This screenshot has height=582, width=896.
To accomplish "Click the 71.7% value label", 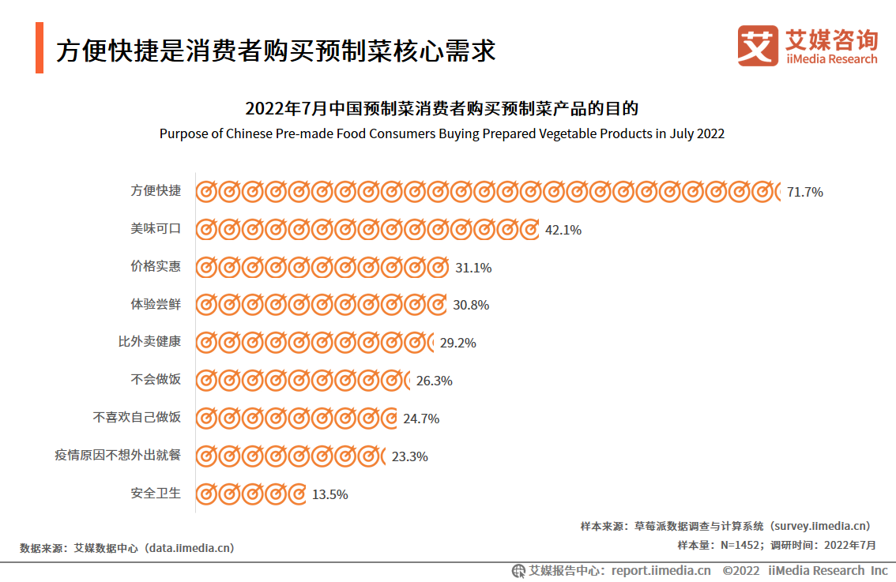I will point(804,192).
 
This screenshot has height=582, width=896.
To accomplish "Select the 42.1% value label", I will point(563,230).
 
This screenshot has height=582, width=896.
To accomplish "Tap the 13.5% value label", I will point(329,494).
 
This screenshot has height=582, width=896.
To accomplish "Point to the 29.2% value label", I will point(457,343).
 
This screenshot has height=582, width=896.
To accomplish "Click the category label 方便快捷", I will point(156,190).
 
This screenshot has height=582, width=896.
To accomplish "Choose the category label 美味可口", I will point(156,228).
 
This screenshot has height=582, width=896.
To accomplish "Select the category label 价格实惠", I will point(156,266).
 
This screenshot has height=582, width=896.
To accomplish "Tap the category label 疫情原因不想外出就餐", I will point(118,455).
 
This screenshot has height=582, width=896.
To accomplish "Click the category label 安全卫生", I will point(156,493).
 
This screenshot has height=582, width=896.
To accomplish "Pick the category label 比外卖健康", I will point(149,342).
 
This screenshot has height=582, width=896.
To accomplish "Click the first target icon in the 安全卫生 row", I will point(206,494).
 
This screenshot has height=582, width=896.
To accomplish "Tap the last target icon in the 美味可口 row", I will point(529,230).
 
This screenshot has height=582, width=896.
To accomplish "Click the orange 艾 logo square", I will point(758,46).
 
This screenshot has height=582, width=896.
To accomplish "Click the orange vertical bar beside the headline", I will point(40,48).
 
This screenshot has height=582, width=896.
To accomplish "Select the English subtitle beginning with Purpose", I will point(442,133).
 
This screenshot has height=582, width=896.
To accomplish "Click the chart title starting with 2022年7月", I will point(442,109).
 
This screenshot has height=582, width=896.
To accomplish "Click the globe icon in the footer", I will point(518,570).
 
